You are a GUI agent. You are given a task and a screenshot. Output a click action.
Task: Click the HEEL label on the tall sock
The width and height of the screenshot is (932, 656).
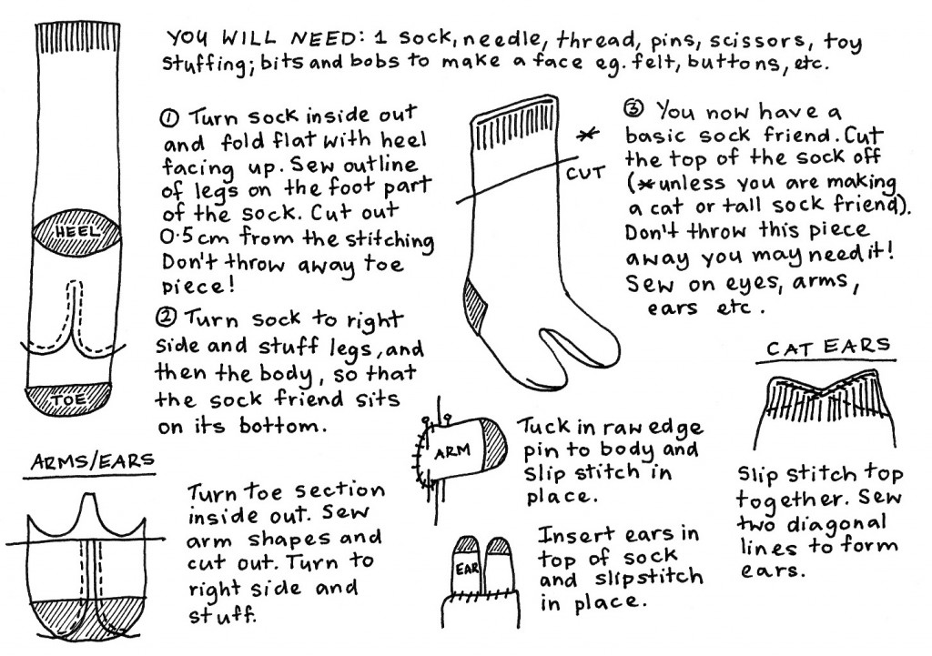click(x=78, y=232)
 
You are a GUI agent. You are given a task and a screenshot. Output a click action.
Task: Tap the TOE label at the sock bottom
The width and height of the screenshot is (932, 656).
click(x=69, y=399)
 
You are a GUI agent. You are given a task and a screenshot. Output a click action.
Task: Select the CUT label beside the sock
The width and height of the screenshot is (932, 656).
click(x=585, y=174)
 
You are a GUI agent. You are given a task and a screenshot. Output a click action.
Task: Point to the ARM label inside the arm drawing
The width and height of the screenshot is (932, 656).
click(x=452, y=452)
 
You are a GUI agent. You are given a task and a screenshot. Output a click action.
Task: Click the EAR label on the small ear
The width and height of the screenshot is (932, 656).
click(x=467, y=569)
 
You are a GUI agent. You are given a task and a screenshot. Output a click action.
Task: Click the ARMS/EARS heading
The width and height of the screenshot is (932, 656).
click(x=92, y=461)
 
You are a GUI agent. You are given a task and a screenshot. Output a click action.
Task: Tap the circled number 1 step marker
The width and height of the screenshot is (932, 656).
click(x=170, y=119)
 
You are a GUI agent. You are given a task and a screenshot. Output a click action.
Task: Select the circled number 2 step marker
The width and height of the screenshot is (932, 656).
click(x=166, y=318)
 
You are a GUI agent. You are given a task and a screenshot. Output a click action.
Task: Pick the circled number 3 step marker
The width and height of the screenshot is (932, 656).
click(x=634, y=109)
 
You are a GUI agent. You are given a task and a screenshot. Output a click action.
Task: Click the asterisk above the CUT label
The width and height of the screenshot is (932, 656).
click(x=587, y=136)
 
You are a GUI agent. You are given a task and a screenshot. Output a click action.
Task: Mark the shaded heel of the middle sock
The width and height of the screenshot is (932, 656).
click(x=477, y=300)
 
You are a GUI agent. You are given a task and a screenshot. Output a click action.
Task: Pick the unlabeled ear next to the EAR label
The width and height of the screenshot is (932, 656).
click(x=499, y=564)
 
